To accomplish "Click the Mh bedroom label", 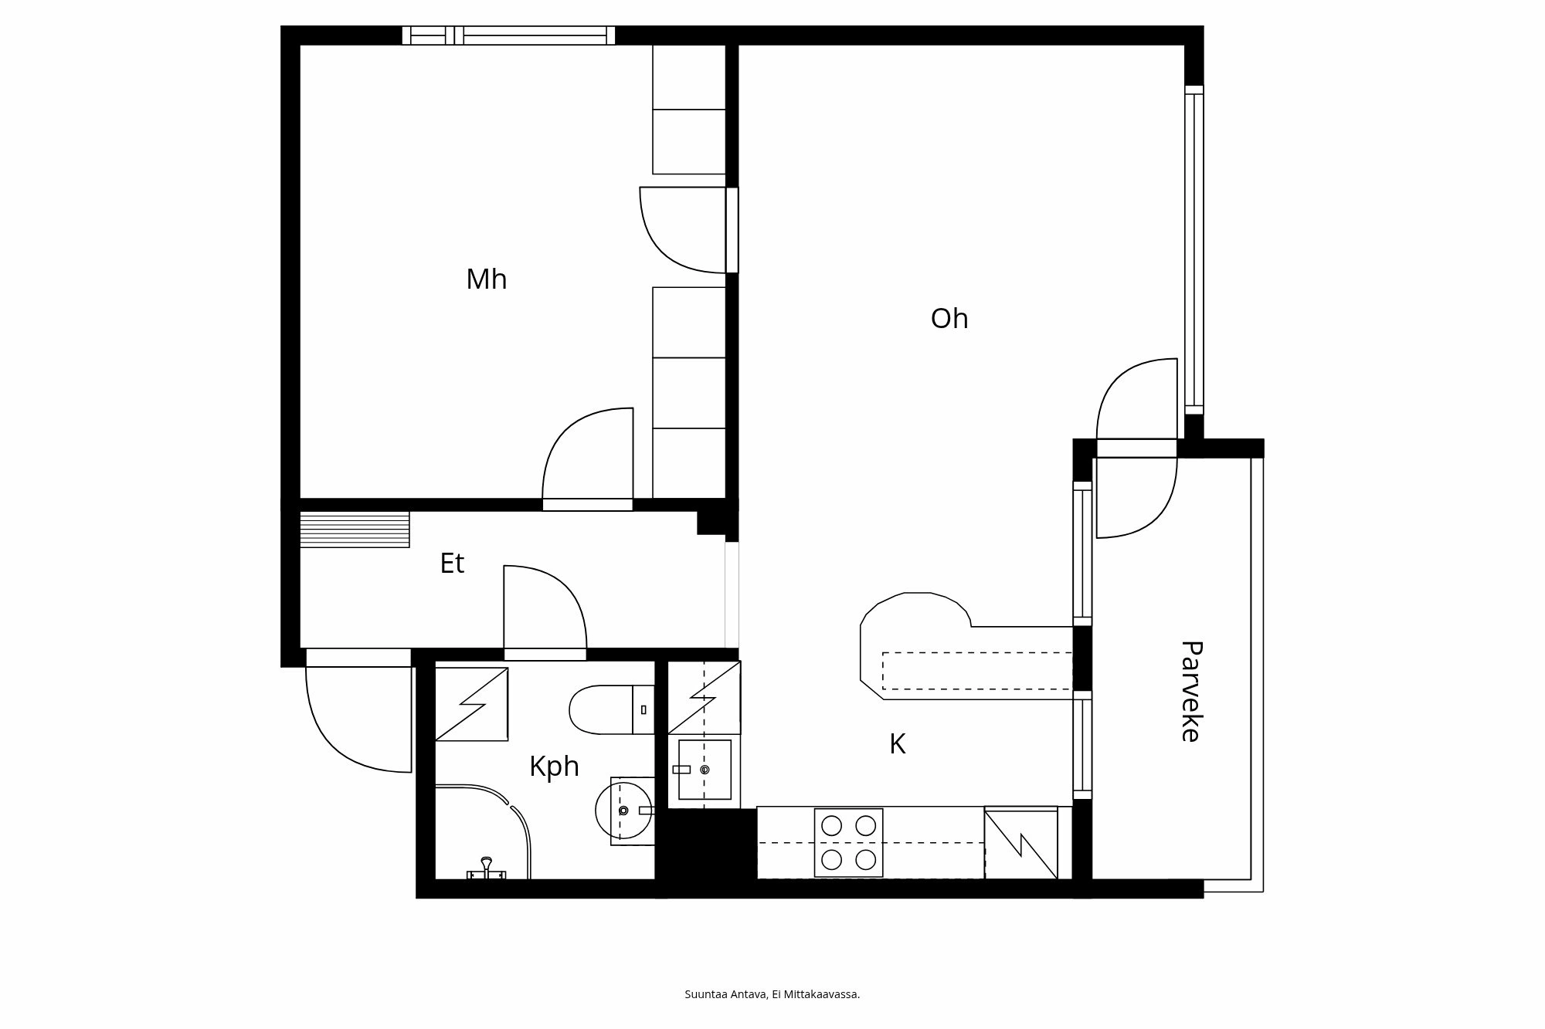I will [486, 279].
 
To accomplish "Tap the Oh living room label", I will [949, 319].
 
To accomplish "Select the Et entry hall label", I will [452, 564].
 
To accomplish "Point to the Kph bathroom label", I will [554, 767].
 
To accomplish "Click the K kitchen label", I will [897, 744].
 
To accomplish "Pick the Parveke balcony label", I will [1190, 691].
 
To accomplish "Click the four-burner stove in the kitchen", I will [848, 842].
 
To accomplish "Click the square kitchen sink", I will [704, 769].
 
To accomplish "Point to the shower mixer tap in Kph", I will [486, 868].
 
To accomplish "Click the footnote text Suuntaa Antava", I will [772, 994].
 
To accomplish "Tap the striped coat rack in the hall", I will [355, 529].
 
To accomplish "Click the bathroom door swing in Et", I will [544, 610].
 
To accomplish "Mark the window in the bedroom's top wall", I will [508, 36].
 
